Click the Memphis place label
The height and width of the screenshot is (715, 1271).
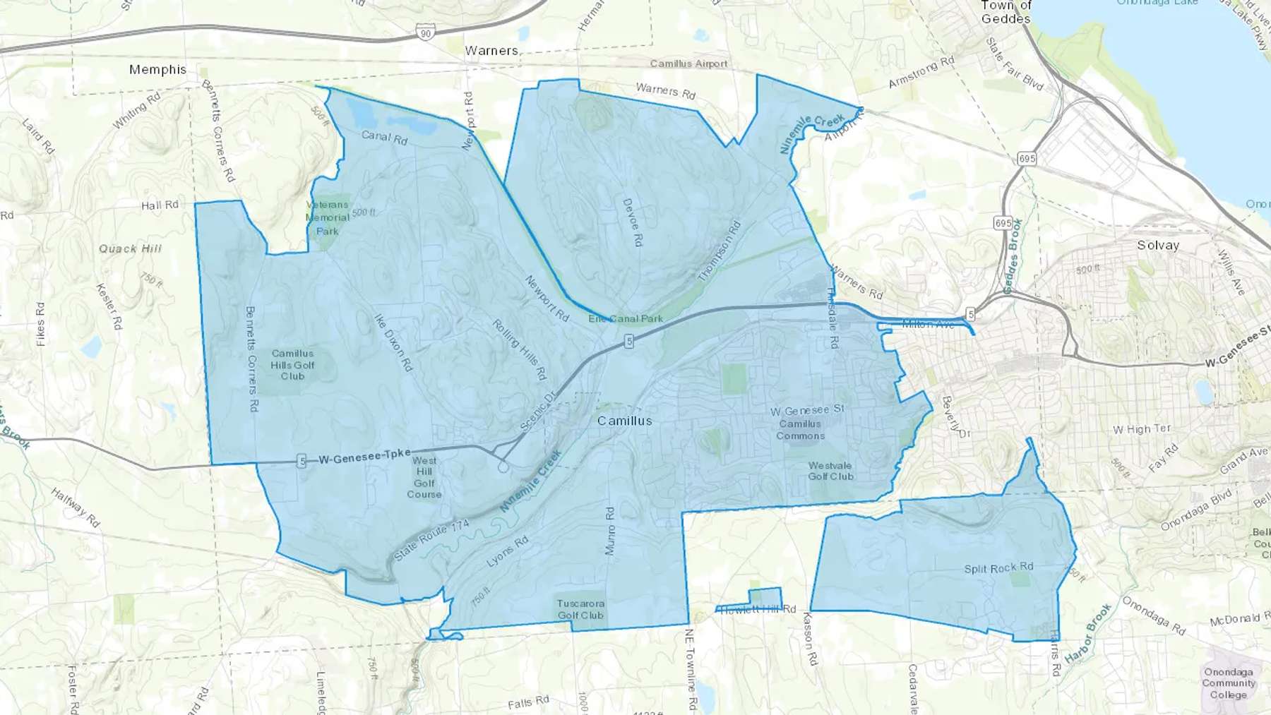(x=157, y=69)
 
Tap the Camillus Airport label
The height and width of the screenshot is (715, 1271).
(x=688, y=64)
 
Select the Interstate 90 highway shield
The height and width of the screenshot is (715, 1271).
(x=424, y=32)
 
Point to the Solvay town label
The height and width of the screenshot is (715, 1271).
(x=1158, y=246)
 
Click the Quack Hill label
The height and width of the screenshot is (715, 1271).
(x=130, y=248)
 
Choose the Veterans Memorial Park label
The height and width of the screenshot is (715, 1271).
(x=328, y=217)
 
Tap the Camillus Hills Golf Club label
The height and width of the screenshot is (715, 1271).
(x=292, y=364)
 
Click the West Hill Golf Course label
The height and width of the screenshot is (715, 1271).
(x=424, y=477)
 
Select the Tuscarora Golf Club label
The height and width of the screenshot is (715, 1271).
(x=580, y=609)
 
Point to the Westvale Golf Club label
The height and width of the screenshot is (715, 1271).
(x=830, y=471)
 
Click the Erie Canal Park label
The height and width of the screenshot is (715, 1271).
(x=626, y=318)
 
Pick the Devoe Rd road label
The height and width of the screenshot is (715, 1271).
(x=633, y=222)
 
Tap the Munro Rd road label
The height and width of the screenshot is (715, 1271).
(x=610, y=531)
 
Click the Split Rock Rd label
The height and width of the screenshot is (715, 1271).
(x=998, y=568)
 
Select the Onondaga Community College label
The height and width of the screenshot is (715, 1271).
(x=1229, y=683)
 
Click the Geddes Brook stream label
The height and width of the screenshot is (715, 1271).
(x=1013, y=256)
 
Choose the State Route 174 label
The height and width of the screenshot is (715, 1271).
(x=431, y=541)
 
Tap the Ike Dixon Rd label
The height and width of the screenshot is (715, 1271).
(x=393, y=343)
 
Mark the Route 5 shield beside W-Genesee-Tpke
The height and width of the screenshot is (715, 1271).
(x=302, y=462)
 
